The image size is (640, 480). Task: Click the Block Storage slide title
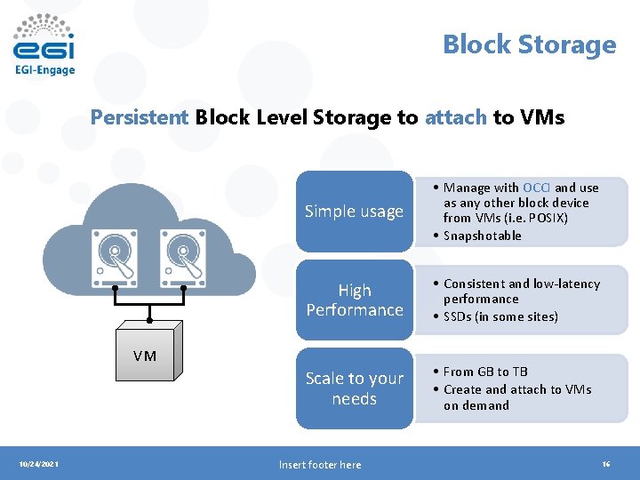(x=529, y=44)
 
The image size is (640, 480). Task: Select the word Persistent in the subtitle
(x=140, y=117)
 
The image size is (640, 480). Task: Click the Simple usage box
(x=354, y=212)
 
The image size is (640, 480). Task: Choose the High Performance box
(x=354, y=300)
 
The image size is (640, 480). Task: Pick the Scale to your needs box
(x=354, y=388)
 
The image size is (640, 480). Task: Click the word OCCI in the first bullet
(x=536, y=188)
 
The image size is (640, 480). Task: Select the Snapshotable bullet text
(x=482, y=236)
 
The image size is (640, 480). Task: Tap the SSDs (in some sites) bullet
(x=500, y=316)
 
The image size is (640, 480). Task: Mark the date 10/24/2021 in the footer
(x=39, y=464)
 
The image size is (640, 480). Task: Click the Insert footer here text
(x=319, y=464)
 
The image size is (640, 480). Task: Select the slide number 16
(x=605, y=464)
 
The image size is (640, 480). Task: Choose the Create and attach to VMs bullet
(x=517, y=389)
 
